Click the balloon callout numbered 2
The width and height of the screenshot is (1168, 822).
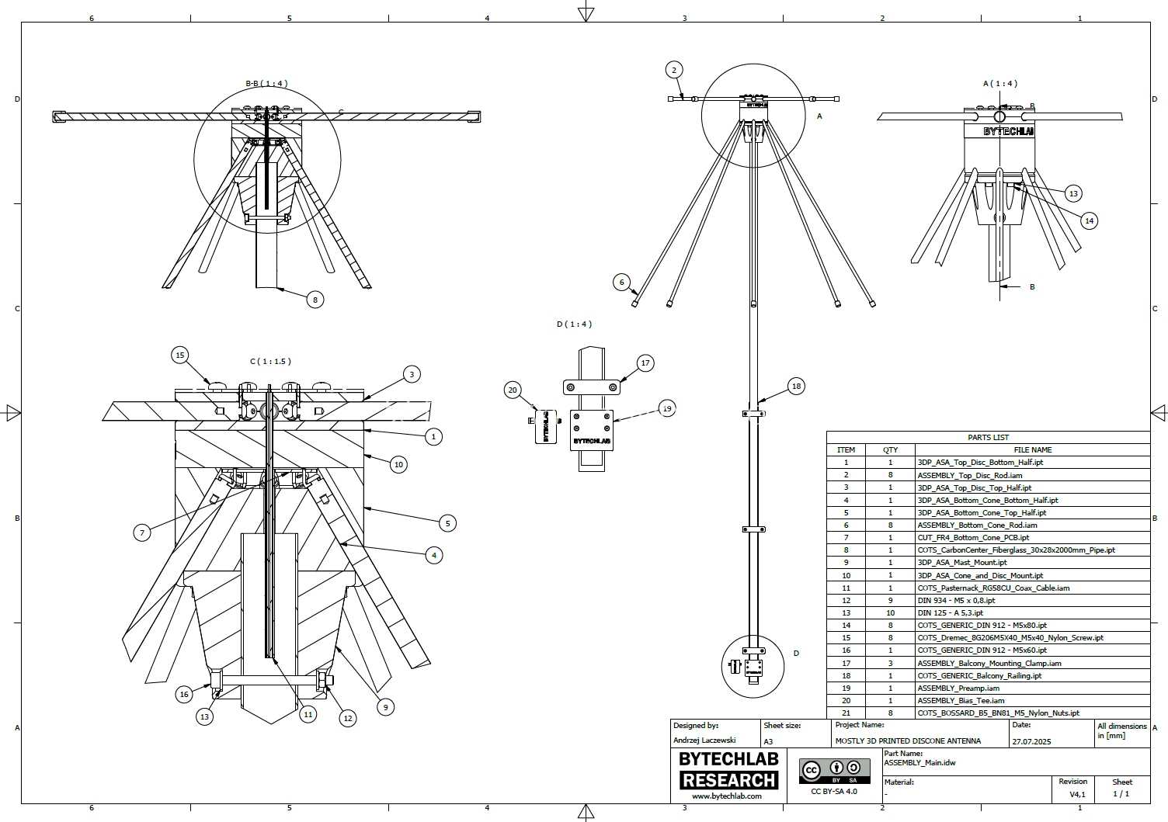click(674, 70)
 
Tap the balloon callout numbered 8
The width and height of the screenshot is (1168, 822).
click(315, 300)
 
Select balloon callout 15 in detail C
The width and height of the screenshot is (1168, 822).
click(180, 356)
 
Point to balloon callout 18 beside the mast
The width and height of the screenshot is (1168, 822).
click(796, 387)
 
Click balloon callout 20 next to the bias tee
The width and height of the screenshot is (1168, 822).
click(513, 390)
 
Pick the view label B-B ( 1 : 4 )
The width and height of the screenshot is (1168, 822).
click(266, 83)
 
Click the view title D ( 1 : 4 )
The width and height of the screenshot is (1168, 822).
click(574, 324)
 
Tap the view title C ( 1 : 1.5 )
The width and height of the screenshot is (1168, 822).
click(270, 361)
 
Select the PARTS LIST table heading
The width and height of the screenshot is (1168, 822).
click(988, 437)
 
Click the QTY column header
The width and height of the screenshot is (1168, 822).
click(890, 450)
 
